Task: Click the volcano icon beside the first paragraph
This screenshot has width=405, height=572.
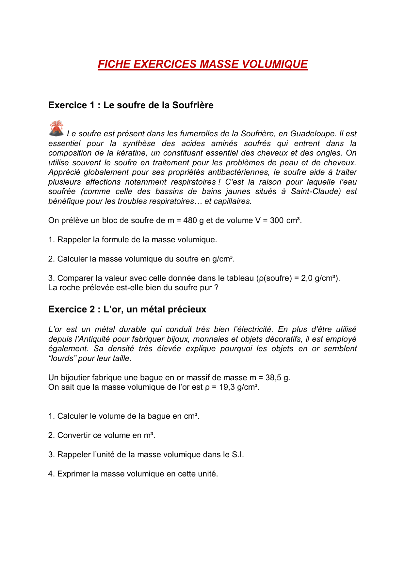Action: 56,128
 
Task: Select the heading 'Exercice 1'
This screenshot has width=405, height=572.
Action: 72,105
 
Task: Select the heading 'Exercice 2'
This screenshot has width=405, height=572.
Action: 72,309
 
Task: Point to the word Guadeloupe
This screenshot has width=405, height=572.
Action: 313,134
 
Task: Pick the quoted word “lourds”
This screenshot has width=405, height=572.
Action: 62,358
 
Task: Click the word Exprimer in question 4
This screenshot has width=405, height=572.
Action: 73,474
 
